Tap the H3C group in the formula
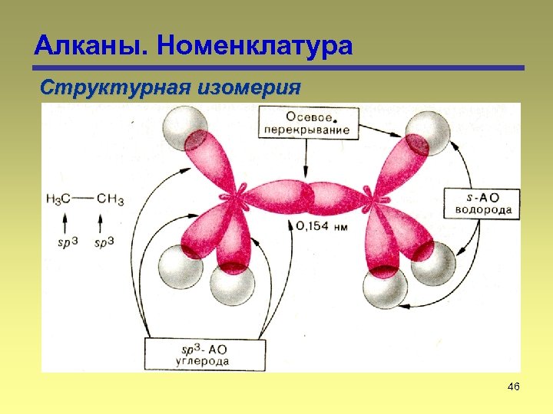(x=59, y=199)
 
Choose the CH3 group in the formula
(x=110, y=199)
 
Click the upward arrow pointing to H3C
(x=65, y=223)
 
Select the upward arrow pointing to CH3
(x=101, y=223)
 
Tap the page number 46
(x=514, y=388)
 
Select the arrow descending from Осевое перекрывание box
(x=306, y=161)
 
